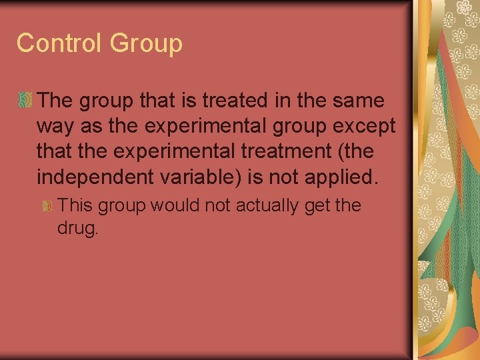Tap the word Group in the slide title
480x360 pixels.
point(146,44)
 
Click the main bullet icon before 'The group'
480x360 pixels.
point(25,101)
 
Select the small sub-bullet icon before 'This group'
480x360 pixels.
point(47,206)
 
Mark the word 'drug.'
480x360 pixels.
point(79,229)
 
